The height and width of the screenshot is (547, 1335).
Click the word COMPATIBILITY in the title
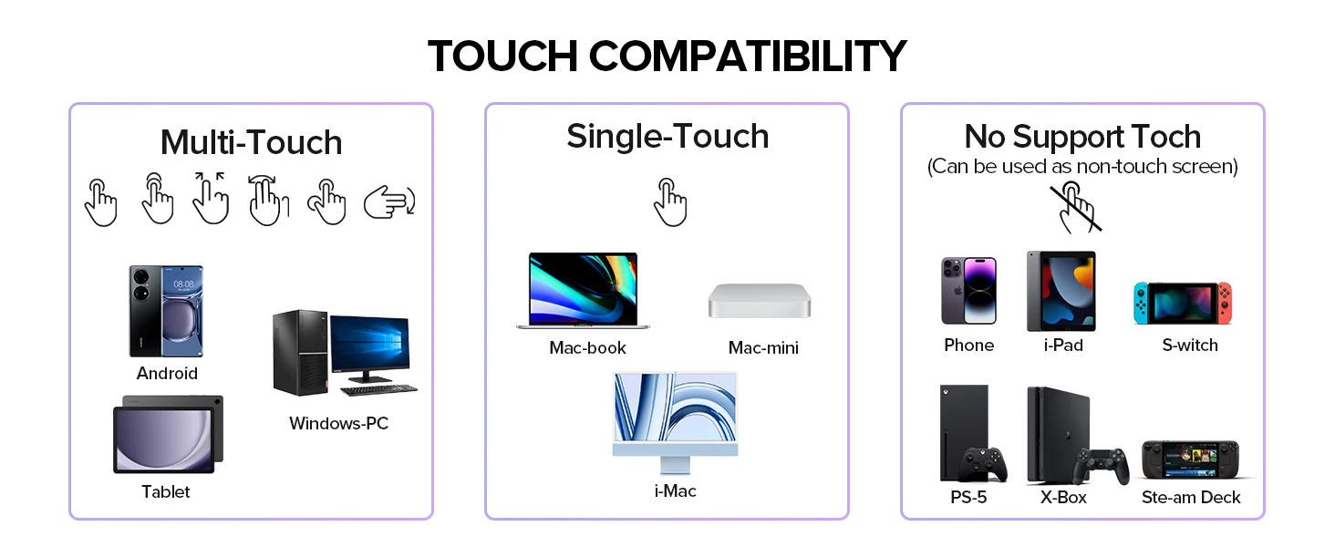click(x=748, y=56)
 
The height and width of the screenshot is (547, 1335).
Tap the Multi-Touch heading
click(x=252, y=142)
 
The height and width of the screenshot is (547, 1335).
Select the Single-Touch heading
click(x=667, y=136)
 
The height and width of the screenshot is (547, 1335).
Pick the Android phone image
click(x=166, y=311)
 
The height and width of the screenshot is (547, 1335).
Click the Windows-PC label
click(x=338, y=423)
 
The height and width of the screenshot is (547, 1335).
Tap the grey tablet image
click(x=168, y=434)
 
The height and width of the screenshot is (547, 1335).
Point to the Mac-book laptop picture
click(x=583, y=291)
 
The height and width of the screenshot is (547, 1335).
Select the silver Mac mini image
click(x=760, y=301)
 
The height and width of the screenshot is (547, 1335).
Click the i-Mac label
click(x=675, y=491)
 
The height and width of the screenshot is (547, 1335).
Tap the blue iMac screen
click(x=675, y=408)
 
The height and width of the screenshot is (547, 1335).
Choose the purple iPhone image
click(x=968, y=291)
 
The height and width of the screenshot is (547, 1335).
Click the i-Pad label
click(x=1063, y=345)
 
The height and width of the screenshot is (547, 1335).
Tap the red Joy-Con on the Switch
click(x=1224, y=304)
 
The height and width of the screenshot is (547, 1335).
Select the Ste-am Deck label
click(x=1191, y=498)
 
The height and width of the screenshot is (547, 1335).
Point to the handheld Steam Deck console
click(x=1191, y=459)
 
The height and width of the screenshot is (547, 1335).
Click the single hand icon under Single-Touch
click(x=670, y=202)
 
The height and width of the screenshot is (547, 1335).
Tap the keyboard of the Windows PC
click(x=379, y=389)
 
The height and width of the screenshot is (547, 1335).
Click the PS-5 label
click(x=968, y=498)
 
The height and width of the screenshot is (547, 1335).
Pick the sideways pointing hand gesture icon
click(x=389, y=202)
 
